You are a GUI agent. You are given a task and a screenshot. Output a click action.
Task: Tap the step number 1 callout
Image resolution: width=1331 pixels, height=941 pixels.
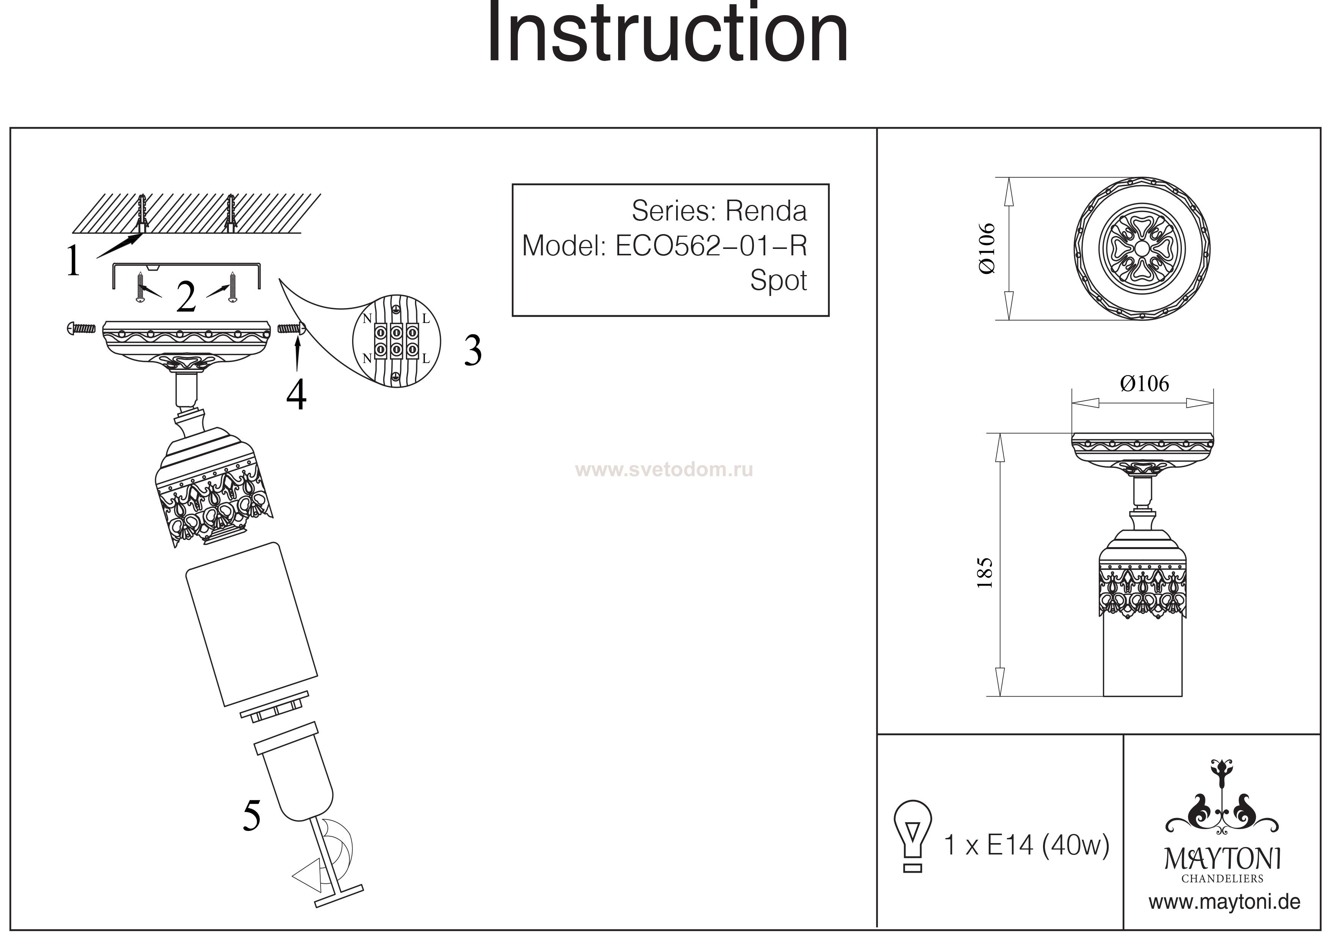pyautogui.click(x=73, y=261)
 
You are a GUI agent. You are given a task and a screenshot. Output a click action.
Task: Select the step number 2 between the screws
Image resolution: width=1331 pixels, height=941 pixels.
pyautogui.click(x=186, y=297)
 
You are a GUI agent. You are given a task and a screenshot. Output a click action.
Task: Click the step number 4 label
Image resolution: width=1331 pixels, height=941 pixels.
pyautogui.click(x=296, y=396)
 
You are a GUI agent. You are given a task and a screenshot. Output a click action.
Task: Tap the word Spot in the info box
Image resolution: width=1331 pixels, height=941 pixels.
pyautogui.click(x=779, y=281)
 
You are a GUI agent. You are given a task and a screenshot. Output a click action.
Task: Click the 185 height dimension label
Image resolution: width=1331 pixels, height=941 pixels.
pyautogui.click(x=985, y=573)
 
